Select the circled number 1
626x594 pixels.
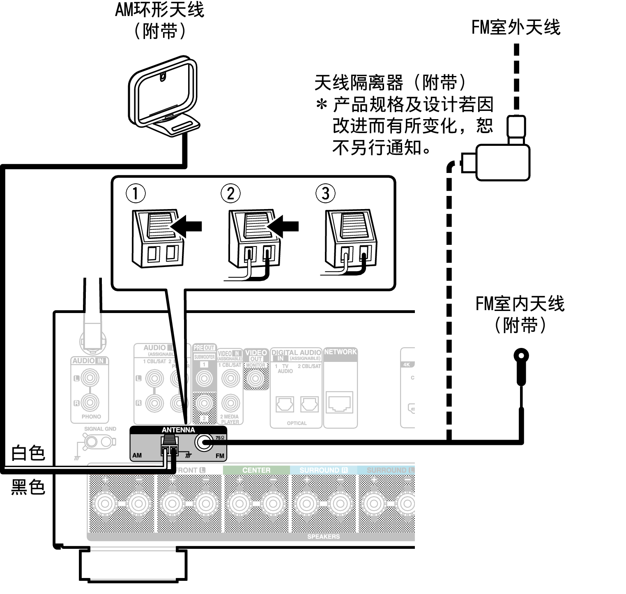click(x=136, y=193)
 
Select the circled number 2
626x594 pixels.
click(x=230, y=193)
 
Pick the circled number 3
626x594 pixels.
click(x=326, y=193)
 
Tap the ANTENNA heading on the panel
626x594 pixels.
click(x=178, y=430)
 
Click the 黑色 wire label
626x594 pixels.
click(x=28, y=487)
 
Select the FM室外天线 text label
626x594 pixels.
click(x=516, y=28)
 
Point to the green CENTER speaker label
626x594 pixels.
click(x=256, y=470)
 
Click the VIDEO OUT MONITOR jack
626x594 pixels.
click(x=255, y=378)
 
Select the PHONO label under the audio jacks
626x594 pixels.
click(x=91, y=417)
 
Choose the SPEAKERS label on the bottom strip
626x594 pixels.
click(x=323, y=536)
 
